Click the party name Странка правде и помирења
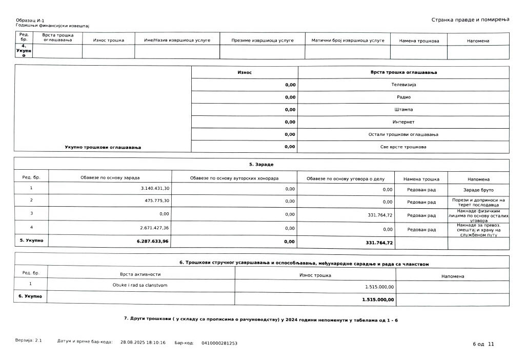coord(469,19)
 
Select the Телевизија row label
coord(403,84)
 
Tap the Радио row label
coord(403,97)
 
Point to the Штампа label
coord(403,109)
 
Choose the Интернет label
coord(403,122)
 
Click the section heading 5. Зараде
coord(261,165)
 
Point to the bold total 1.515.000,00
coord(378,299)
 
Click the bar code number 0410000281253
coord(219,343)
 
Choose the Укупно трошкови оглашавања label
coord(103,147)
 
